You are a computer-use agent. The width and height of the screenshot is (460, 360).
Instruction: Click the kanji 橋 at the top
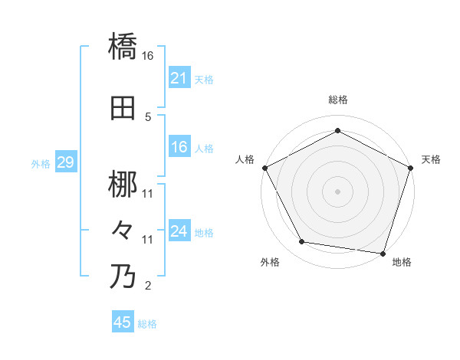point(123,47)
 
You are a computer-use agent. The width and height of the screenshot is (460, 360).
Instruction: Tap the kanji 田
point(123,109)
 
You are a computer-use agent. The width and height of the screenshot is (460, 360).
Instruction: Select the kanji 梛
point(123,185)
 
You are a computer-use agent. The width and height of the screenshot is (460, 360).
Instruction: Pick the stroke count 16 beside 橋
point(149,56)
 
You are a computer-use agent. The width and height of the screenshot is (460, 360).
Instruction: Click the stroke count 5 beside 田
point(148,117)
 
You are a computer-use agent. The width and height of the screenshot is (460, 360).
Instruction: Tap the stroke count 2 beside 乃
point(148,286)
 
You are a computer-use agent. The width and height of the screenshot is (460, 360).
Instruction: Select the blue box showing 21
point(179,77)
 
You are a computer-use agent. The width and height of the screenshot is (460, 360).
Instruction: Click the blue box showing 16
point(179,147)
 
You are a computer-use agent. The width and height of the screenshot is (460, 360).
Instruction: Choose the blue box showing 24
point(179,231)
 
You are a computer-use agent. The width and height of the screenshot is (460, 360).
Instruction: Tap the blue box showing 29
point(65,162)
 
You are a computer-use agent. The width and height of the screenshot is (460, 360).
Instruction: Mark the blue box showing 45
point(123,322)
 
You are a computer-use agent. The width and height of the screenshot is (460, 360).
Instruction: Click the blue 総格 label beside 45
point(147,324)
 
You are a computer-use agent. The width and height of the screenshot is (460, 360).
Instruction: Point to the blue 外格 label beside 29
point(41,163)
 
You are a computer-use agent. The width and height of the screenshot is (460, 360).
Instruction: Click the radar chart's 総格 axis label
point(338,100)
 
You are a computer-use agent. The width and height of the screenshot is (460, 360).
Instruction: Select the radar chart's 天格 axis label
point(431,159)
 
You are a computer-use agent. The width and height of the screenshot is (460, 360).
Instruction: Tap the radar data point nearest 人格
point(264,168)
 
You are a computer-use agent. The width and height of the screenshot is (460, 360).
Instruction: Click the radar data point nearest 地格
point(383,253)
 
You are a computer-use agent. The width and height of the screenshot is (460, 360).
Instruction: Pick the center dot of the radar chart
point(337,191)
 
